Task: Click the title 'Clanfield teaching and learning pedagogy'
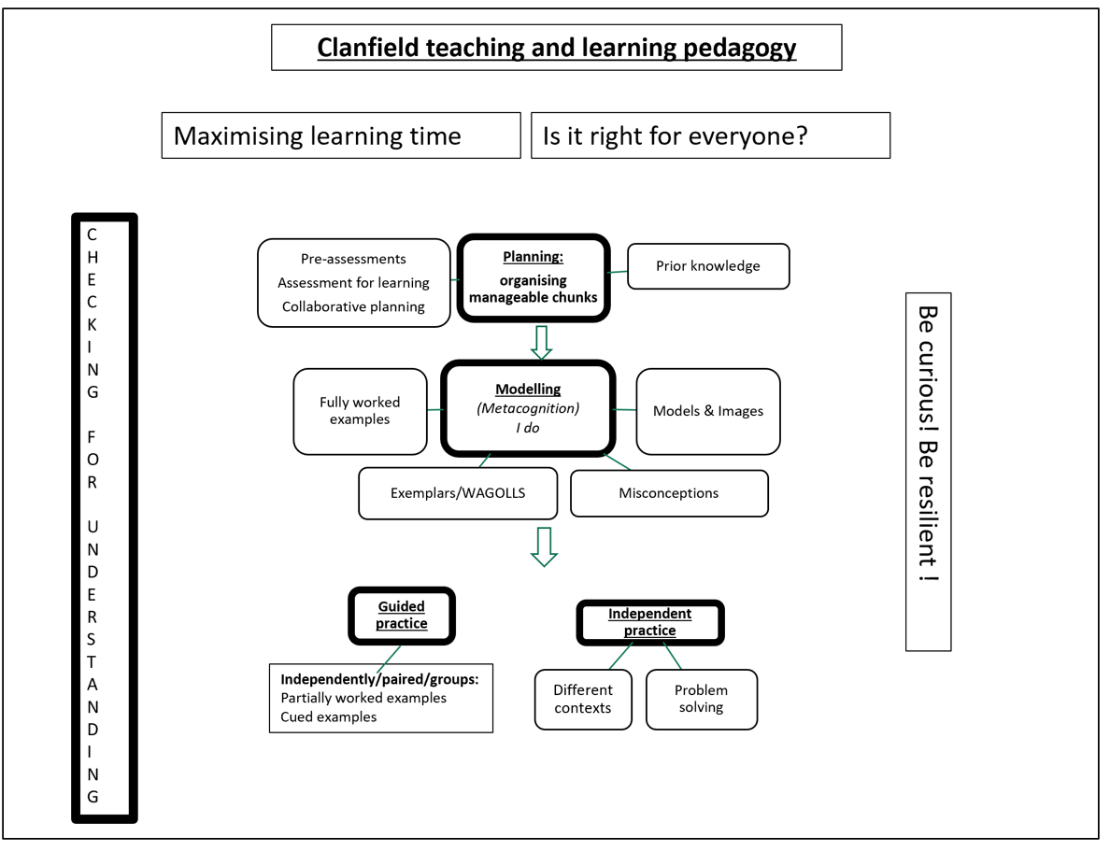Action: click(x=556, y=48)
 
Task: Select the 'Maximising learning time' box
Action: click(x=340, y=136)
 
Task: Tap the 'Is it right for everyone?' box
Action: click(x=710, y=136)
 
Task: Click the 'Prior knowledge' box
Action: click(x=708, y=266)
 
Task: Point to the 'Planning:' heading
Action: click(x=533, y=257)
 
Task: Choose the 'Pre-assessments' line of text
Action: click(x=353, y=259)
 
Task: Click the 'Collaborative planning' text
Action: click(x=353, y=306)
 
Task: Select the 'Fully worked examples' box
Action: click(x=360, y=411)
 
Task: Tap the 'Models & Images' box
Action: click(x=708, y=411)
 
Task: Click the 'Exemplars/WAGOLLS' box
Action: click(x=458, y=492)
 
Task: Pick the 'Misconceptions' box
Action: click(x=669, y=493)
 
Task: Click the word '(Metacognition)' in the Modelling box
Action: click(x=528, y=408)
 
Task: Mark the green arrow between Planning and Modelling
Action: click(x=541, y=342)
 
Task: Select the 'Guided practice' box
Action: click(x=402, y=616)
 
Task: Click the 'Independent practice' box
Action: click(x=650, y=622)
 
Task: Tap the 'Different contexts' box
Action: click(x=583, y=699)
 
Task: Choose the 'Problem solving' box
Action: click(x=701, y=699)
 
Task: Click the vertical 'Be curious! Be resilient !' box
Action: click(x=928, y=471)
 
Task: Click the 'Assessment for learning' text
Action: click(x=353, y=283)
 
